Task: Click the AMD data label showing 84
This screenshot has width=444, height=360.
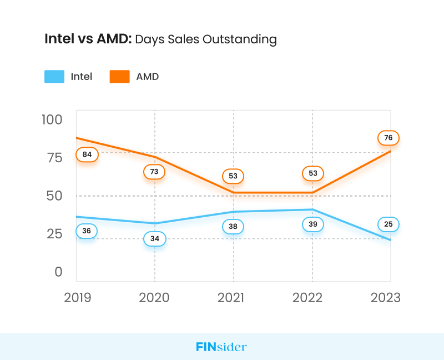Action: click(x=87, y=154)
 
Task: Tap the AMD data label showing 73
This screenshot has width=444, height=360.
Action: click(x=154, y=172)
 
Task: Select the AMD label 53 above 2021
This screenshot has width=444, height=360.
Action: click(x=233, y=176)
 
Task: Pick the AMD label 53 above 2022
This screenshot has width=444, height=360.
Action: click(x=313, y=173)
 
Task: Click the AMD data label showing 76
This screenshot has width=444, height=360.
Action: click(x=389, y=138)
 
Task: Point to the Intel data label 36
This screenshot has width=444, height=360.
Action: click(x=87, y=231)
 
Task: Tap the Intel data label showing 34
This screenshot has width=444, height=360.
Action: click(x=154, y=239)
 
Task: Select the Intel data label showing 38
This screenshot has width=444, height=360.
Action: click(x=233, y=226)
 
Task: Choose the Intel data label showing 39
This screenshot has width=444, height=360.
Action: click(x=313, y=224)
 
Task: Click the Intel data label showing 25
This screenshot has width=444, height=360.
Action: click(x=389, y=224)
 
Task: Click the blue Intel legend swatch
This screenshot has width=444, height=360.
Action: click(x=54, y=77)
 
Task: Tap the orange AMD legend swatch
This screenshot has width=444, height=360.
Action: click(x=119, y=77)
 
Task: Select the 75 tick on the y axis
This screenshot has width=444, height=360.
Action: click(x=54, y=158)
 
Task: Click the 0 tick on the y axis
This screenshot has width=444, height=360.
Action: click(x=59, y=272)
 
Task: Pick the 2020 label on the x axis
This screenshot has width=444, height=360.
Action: click(x=154, y=298)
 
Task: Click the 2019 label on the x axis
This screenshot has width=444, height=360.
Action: click(x=78, y=298)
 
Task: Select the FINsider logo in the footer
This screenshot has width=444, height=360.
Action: click(x=221, y=347)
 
